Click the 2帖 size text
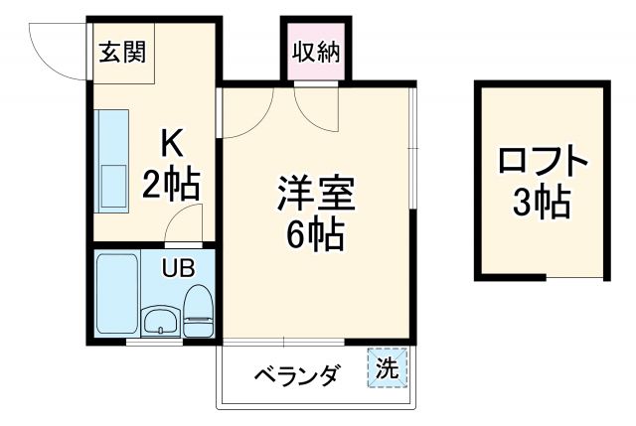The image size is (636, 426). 171,184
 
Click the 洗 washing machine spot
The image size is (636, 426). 386,367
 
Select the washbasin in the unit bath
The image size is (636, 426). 158,320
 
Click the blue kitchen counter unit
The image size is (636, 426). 111,159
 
